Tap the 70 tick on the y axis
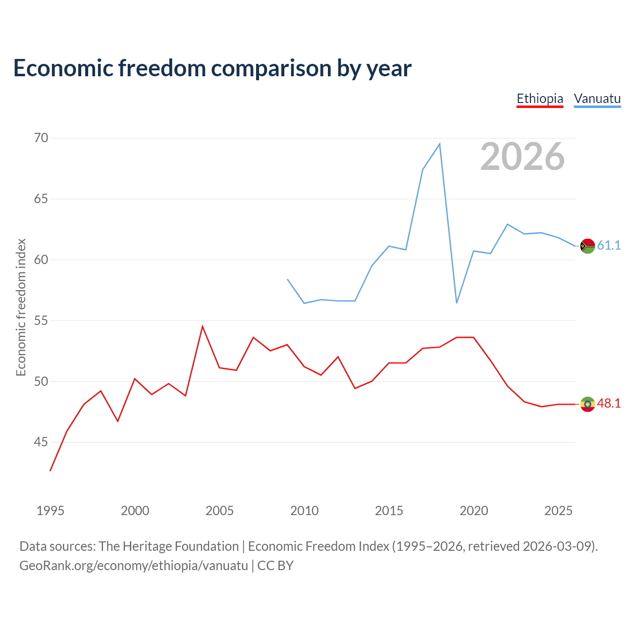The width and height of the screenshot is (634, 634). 41,138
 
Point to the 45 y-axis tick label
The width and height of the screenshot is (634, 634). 41,442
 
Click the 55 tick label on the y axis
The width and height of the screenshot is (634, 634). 41,320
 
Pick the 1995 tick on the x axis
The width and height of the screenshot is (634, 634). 51,511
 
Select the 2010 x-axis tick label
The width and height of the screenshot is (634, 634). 304,511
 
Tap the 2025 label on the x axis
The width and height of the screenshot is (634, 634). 558,511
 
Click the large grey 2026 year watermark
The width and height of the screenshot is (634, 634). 522,157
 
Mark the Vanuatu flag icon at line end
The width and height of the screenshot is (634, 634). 587,246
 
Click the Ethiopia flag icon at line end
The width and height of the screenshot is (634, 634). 587,404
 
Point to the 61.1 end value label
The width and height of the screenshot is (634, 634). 609,246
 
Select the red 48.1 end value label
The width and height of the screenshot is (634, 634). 609,403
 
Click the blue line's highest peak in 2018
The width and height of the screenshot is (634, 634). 439,144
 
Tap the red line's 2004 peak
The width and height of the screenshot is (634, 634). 203,326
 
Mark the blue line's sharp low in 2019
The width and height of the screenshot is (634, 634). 457,303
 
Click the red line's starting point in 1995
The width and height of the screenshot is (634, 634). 51,471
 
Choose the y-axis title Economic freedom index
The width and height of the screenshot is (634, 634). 21,307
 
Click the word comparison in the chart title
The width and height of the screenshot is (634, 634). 271,68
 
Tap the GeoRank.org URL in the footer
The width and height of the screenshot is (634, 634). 134,566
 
